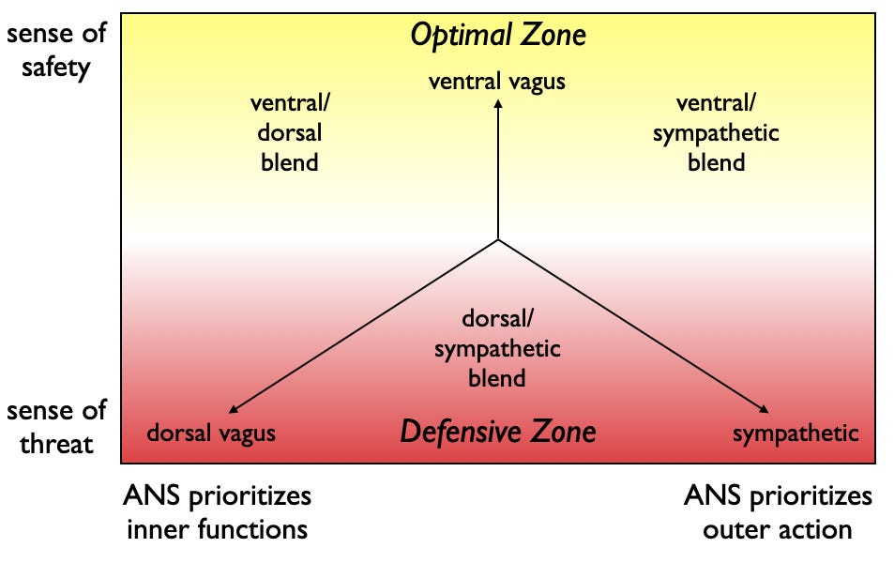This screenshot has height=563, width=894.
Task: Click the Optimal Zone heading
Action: click(x=498, y=36)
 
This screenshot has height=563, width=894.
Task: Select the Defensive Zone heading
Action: click(x=497, y=432)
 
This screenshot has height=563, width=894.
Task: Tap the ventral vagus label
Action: click(x=497, y=82)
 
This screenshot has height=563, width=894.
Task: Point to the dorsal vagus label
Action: click(x=211, y=433)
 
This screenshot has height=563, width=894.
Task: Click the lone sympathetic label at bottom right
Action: click(x=796, y=433)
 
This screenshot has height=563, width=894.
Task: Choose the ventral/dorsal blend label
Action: click(x=288, y=132)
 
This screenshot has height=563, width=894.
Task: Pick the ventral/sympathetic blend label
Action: click(x=716, y=132)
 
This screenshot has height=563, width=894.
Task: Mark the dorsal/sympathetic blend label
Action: click(x=497, y=349)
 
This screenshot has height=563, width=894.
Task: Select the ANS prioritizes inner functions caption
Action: click(x=217, y=511)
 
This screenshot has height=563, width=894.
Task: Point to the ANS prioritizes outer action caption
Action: click(x=778, y=511)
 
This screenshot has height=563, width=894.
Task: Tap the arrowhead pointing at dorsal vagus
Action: click(x=231, y=409)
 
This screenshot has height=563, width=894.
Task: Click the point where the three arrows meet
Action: click(x=498, y=240)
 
